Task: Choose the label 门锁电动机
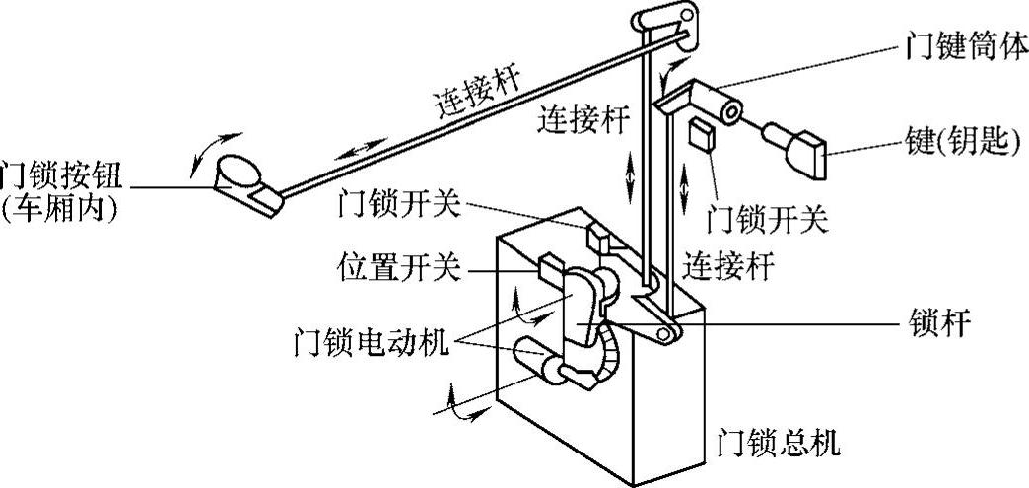(x=372, y=342)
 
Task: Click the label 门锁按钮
(x=62, y=174)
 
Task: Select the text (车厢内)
(x=62, y=210)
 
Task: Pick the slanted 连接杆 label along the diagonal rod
(x=477, y=98)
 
